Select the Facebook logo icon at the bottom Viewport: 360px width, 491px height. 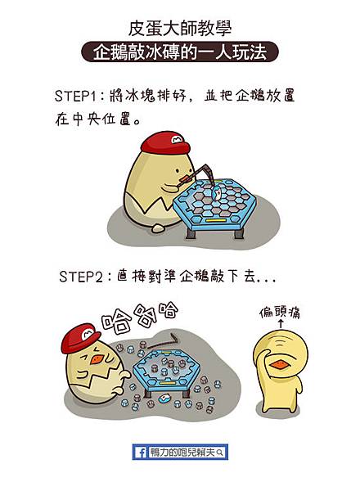click(141, 452)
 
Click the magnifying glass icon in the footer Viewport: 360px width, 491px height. click(220, 452)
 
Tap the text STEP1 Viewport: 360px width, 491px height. click(79, 96)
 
